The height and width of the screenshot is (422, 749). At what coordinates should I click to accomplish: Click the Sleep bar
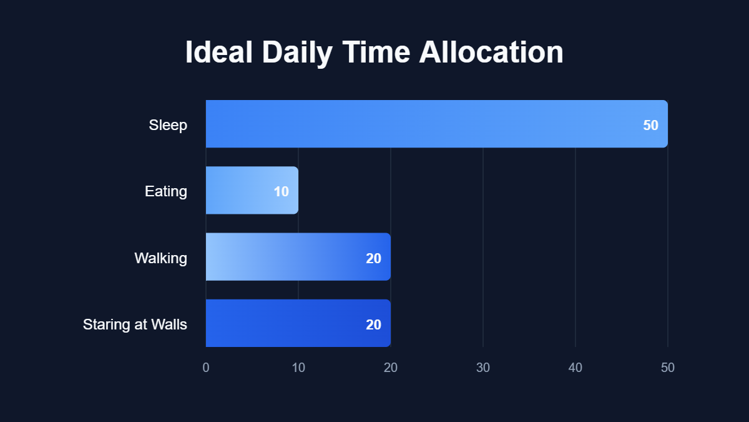click(424, 124)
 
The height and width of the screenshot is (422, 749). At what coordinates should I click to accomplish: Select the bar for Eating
click(243, 191)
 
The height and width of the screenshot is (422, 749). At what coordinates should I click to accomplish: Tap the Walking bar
click(287, 257)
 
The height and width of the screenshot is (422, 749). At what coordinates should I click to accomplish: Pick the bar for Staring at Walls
click(287, 323)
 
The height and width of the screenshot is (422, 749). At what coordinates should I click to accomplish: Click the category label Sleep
click(168, 125)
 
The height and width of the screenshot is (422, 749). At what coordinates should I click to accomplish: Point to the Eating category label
click(166, 191)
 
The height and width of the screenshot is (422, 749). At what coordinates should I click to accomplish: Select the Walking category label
click(160, 258)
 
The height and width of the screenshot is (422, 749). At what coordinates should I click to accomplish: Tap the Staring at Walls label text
click(135, 324)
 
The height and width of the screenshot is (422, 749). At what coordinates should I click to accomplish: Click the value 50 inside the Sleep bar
click(650, 125)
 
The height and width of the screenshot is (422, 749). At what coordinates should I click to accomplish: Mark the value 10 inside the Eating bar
click(281, 191)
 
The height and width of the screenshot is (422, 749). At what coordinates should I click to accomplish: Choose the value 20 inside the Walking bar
click(373, 258)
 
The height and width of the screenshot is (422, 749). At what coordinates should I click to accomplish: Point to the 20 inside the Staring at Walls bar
click(373, 324)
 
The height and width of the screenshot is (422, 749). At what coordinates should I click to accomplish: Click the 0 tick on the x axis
click(206, 368)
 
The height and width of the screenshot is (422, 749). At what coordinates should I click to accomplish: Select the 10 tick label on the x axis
click(298, 368)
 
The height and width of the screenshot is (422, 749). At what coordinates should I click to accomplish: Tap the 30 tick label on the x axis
click(483, 368)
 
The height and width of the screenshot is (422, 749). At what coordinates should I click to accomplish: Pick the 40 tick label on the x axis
click(575, 368)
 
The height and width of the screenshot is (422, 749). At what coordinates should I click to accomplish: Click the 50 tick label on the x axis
click(668, 368)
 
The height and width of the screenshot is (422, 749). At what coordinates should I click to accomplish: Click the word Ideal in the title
click(218, 53)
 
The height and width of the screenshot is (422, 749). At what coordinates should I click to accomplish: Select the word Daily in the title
click(297, 53)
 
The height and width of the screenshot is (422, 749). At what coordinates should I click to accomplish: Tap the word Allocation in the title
click(491, 53)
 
